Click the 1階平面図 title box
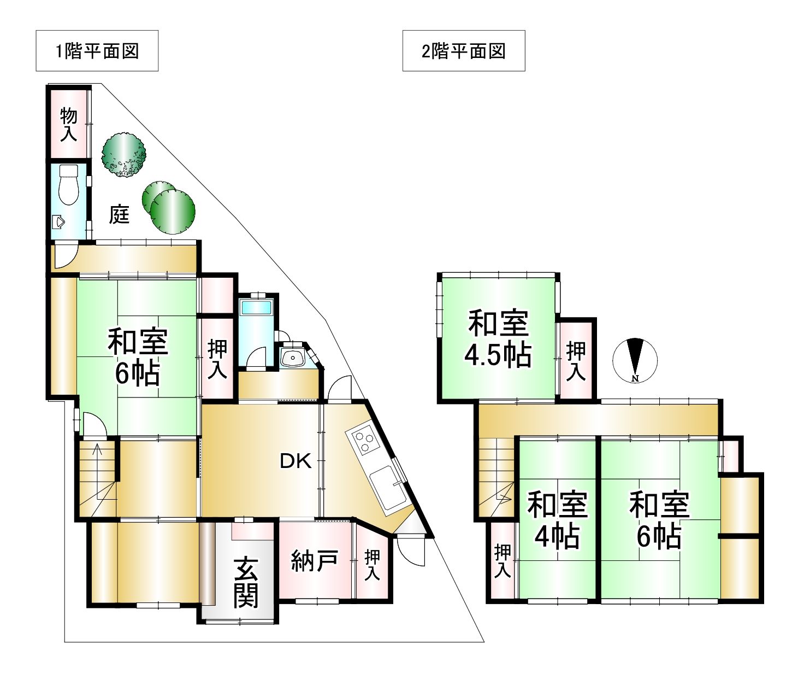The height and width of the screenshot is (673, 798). point(97,50)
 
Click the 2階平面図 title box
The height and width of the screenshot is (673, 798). point(464,50)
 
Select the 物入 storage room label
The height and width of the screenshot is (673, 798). point(69,124)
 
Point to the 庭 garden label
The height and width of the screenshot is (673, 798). point(120,214)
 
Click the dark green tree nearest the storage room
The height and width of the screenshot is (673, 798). point(124,155)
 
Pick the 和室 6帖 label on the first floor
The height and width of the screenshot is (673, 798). point(138,358)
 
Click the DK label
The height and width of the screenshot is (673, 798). point(295,461)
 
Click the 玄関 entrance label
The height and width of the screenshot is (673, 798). point(246,583)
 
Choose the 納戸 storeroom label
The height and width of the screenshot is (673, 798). point(314,561)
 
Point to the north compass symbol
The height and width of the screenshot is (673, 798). point(635,360)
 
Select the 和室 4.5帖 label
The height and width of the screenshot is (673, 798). point(498,339)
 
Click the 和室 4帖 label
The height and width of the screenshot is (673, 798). point(557,520)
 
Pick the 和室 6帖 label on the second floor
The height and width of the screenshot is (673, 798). point(659,520)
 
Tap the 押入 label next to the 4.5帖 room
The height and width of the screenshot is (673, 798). point(576,361)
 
